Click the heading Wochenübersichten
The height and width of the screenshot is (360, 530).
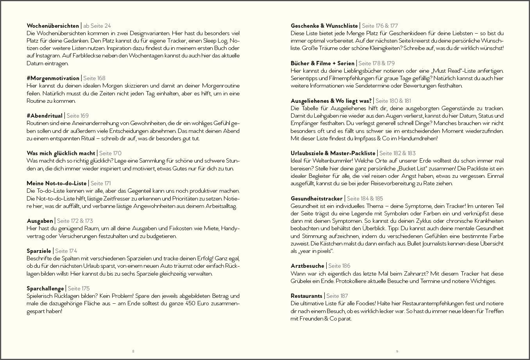(53, 26)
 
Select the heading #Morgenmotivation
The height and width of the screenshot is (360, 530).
(53, 78)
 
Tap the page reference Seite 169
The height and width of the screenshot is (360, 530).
(77, 116)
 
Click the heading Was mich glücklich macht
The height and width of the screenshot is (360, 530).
(61, 153)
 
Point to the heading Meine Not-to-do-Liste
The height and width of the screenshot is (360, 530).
(57, 183)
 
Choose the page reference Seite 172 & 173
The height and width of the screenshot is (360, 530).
(75, 221)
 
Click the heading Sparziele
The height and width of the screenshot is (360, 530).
(39, 251)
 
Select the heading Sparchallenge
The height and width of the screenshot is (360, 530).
(45, 288)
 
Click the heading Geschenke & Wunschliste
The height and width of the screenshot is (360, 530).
(324, 26)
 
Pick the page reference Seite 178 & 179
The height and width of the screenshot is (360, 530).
(376, 63)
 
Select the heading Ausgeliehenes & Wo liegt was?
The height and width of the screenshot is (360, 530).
(331, 101)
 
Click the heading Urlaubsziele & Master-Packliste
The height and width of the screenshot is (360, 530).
(333, 153)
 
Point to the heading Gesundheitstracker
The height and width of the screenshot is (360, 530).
(316, 199)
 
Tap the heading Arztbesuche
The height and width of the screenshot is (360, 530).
(307, 266)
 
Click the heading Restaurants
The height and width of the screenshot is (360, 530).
(306, 296)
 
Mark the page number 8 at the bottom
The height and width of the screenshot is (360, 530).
(133, 351)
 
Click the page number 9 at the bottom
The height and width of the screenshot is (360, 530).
(397, 351)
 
